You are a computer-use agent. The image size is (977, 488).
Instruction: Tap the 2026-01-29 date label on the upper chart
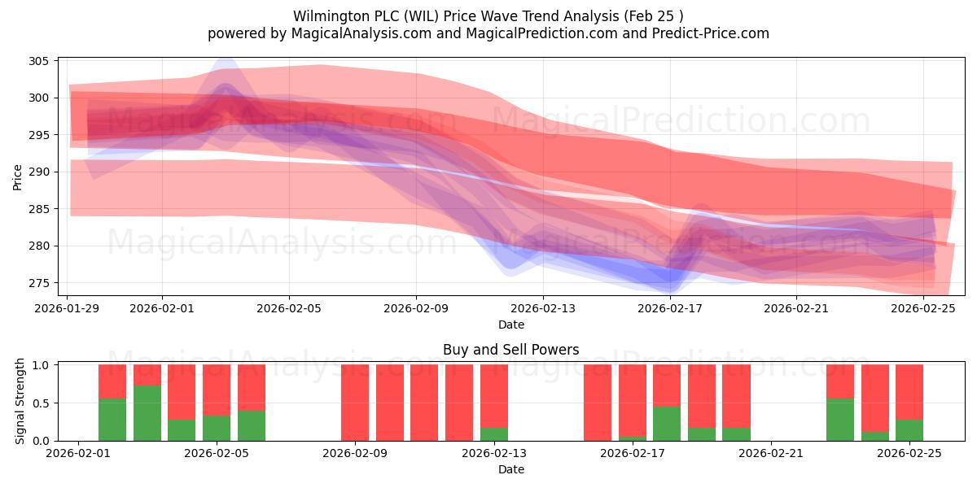[x=68, y=308]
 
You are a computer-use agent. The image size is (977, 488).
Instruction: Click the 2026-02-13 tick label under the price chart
[x=543, y=308]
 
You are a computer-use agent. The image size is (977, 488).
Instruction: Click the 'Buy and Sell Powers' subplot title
[x=510, y=350]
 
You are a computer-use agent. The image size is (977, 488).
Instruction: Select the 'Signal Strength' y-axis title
[x=20, y=403]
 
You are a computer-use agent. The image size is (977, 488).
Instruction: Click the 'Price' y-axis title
[x=18, y=176]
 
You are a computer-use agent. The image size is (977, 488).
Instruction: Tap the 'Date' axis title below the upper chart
[x=510, y=325]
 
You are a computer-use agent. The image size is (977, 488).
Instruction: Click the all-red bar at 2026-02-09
[x=355, y=403]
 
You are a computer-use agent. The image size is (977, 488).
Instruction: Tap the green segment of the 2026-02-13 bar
[x=494, y=434]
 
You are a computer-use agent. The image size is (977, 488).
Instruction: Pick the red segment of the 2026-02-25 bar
[x=909, y=391]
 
